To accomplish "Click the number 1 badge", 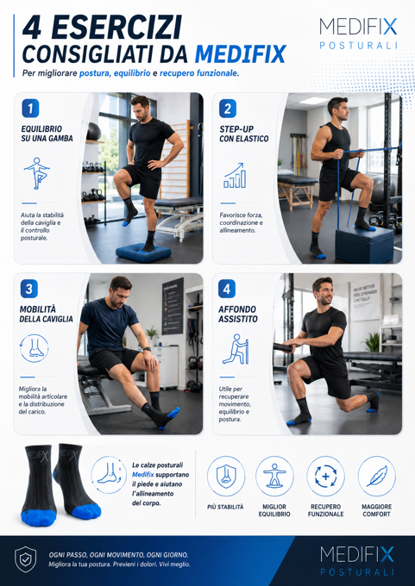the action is click(x=30, y=109).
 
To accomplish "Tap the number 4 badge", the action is click(x=227, y=289).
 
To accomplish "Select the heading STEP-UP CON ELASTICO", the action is click(x=244, y=134).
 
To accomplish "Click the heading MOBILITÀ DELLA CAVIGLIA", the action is click(x=46, y=314).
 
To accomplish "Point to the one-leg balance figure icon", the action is click(x=37, y=173).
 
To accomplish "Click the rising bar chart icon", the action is click(x=235, y=175).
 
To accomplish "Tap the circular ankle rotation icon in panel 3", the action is click(x=34, y=348).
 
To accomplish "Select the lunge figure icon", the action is click(x=236, y=349).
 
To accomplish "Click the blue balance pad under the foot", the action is click(x=143, y=252).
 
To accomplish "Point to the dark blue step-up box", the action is click(x=364, y=244).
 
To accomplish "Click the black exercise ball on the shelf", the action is click(x=93, y=132).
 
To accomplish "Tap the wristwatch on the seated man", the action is click(x=147, y=349).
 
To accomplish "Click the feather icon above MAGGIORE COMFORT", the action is click(x=376, y=476).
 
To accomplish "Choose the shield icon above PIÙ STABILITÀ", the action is click(x=226, y=476).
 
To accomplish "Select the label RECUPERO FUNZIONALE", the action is click(x=325, y=510).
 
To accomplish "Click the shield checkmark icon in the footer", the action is click(x=25, y=559).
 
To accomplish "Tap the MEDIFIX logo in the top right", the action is click(x=358, y=34).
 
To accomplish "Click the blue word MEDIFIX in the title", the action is click(x=241, y=53).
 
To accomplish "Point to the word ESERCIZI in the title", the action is click(x=113, y=28).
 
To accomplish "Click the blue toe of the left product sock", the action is click(x=39, y=518).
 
